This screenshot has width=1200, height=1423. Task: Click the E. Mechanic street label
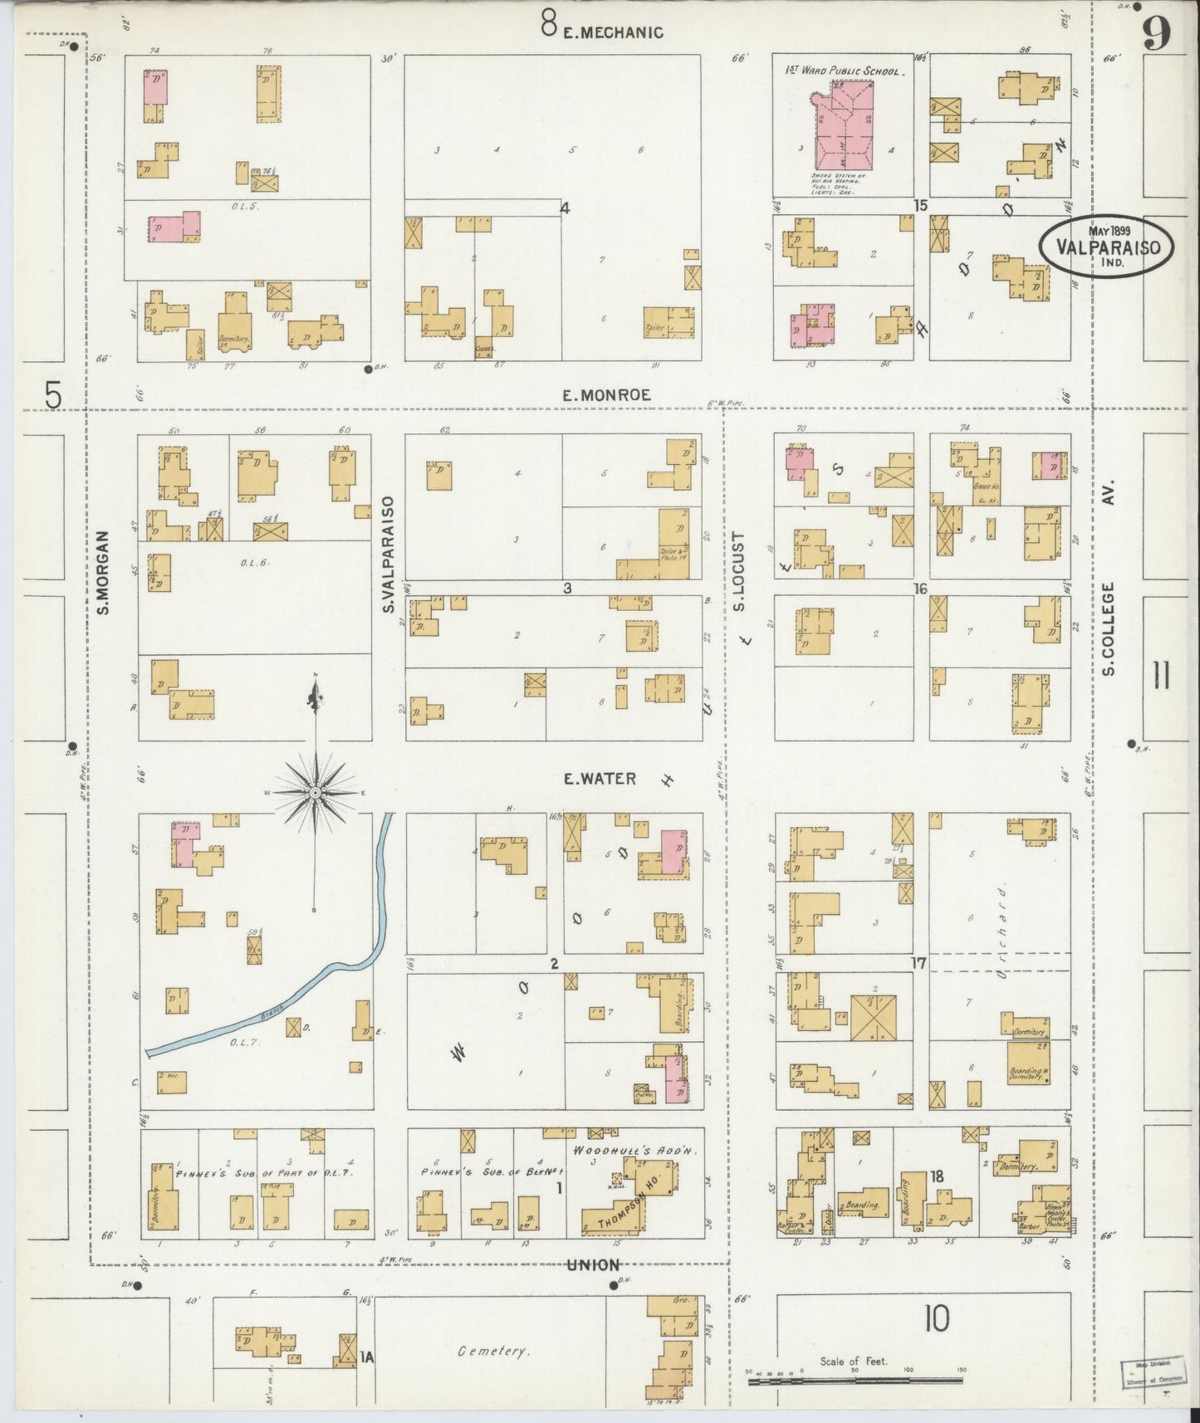click(x=613, y=32)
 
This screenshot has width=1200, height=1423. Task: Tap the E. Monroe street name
click(x=606, y=396)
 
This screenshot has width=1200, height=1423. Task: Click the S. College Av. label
click(x=1109, y=581)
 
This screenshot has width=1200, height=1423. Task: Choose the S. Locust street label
click(x=738, y=571)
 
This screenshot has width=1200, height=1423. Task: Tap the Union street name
click(x=594, y=1265)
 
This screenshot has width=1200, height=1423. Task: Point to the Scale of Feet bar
click(x=855, y=1380)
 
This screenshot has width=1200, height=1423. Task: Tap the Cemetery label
click(x=493, y=1352)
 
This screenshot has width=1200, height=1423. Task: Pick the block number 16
click(x=919, y=589)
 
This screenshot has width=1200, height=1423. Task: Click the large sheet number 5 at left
click(x=53, y=395)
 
